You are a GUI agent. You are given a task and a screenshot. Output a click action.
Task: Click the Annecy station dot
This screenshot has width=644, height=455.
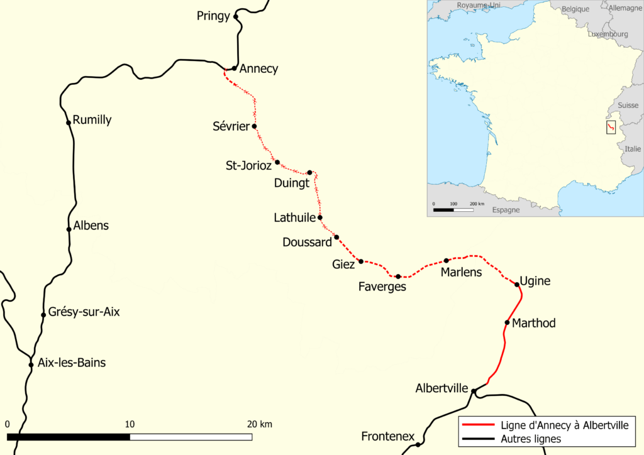point(234,68)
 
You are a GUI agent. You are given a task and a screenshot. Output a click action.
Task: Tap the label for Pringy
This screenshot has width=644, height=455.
point(213,16)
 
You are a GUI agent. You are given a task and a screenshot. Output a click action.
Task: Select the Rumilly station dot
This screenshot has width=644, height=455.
point(69,123)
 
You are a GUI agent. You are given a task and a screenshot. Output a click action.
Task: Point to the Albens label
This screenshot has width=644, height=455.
point(91,226)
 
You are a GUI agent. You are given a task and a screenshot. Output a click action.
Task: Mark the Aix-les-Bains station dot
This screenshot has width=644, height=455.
point(31,365)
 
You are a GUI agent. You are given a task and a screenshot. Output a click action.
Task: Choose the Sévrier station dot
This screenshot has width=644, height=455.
point(254,126)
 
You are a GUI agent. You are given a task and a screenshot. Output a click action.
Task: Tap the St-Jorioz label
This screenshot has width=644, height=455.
point(248,166)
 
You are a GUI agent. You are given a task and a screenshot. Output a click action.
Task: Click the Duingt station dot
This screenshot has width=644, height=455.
point(309,173)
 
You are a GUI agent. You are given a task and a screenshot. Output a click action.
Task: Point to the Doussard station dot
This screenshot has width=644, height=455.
point(336,238)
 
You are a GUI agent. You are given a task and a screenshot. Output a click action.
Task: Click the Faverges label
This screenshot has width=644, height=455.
point(382,287)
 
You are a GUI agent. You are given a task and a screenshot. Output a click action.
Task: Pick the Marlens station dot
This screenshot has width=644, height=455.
point(446,260)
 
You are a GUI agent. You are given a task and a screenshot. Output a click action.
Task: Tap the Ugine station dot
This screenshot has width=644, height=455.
point(517,285)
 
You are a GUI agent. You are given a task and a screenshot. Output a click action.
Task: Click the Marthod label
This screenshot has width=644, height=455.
point(534,323)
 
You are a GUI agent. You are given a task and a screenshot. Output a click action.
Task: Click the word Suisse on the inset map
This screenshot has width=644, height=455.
point(628,106)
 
